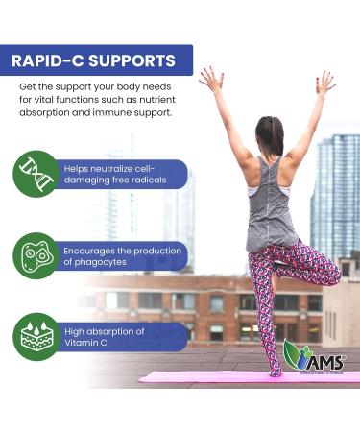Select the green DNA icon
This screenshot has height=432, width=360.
point(36,174)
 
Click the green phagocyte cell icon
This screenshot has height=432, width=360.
point(36,256)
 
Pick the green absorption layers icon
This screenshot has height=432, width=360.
point(36,339)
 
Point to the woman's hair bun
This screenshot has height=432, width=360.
point(271,124)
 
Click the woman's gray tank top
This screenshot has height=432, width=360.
point(272,206)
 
